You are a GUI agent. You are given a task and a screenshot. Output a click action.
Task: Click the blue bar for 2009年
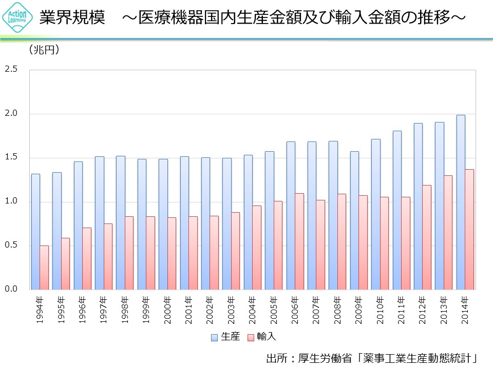point(354,220)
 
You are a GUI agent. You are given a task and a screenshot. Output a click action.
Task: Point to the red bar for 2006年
point(299,241)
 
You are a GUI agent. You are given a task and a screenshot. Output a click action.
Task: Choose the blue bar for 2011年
point(397,210)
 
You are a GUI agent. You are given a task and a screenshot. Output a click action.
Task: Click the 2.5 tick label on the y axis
point(11,69)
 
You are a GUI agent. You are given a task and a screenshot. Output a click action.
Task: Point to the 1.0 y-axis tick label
point(11,201)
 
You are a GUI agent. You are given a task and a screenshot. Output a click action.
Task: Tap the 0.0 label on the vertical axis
point(11,289)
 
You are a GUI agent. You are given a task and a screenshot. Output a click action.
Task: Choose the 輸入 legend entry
point(262,337)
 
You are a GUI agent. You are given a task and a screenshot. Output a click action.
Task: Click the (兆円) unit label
point(45,50)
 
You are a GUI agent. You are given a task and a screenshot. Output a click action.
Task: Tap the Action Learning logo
point(17,18)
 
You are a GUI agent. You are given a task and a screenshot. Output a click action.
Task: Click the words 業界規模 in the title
point(72,18)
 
